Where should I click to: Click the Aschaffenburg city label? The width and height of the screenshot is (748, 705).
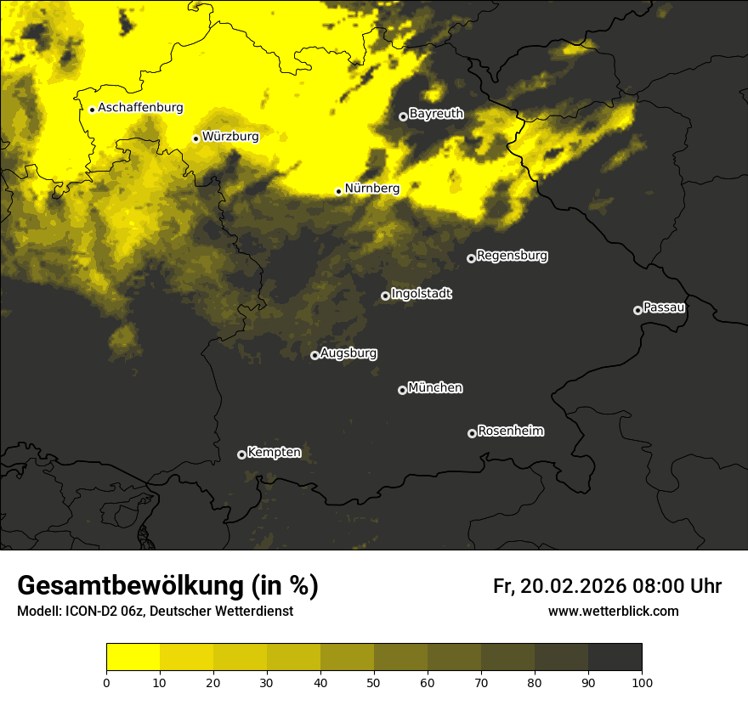coord(140,108)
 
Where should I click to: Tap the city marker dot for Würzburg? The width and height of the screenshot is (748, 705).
coord(195,138)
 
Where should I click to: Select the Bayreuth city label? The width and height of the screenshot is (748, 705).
coord(436,114)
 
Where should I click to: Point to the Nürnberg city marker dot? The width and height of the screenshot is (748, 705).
coord(338,191)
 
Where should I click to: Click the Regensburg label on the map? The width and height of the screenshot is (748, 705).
coord(512,256)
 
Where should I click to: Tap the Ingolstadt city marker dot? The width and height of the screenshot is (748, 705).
coord(385,296)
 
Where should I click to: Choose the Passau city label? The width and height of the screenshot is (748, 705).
coord(664,307)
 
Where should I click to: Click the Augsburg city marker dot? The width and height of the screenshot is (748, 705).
coord(314,355)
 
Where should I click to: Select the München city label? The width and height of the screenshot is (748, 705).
coord(435,388)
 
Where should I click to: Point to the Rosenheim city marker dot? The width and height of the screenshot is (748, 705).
coord(472,433)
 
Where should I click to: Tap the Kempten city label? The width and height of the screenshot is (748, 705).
coord(274,453)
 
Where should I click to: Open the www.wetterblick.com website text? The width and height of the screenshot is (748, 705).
coord(613,611)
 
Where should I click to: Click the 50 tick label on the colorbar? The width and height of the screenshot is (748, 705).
coord(374,682)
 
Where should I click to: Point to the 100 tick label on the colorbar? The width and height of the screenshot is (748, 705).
coord(642,682)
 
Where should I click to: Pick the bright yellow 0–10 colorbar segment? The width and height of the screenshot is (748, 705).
coord(133,657)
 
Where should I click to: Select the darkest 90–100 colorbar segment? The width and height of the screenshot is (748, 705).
coord(615,657)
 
